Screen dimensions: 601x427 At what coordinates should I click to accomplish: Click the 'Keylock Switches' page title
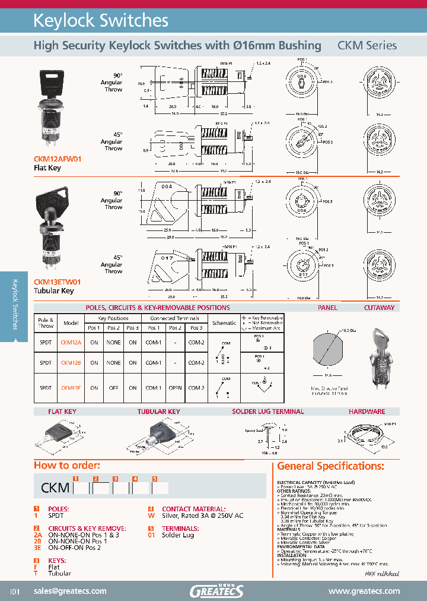coord(101,21)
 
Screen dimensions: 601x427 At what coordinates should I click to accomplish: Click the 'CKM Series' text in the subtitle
coord(367,45)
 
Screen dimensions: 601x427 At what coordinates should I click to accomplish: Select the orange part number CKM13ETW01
coord(57,282)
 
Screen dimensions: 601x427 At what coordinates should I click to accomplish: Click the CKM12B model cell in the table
coord(71,362)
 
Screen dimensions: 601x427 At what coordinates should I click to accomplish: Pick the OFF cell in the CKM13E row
coord(113,388)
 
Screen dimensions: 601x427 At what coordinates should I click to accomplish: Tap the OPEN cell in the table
coord(175,388)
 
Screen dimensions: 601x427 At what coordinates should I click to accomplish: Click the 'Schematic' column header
coord(224,322)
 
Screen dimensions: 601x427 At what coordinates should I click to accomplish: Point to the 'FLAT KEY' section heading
coord(63,412)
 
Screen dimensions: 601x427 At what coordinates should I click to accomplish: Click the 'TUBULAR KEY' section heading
coord(158,412)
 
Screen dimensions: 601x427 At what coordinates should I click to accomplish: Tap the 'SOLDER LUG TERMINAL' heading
coord(268,412)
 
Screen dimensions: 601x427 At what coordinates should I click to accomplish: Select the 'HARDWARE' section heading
coord(367,412)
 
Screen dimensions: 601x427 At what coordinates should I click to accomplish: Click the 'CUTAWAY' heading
coord(379,308)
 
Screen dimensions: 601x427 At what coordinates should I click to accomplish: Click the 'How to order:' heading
coord(67,465)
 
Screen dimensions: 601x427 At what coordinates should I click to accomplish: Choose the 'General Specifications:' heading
coord(330,466)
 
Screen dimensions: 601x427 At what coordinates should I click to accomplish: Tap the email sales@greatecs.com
coord(70,591)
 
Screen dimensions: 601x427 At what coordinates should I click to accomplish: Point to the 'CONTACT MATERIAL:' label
coord(193,509)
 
